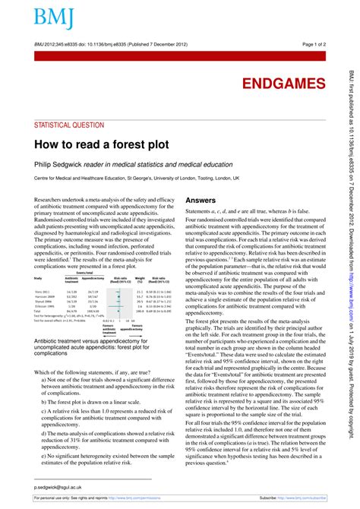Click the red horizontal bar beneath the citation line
click(179, 54)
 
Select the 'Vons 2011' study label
click(43, 291)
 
